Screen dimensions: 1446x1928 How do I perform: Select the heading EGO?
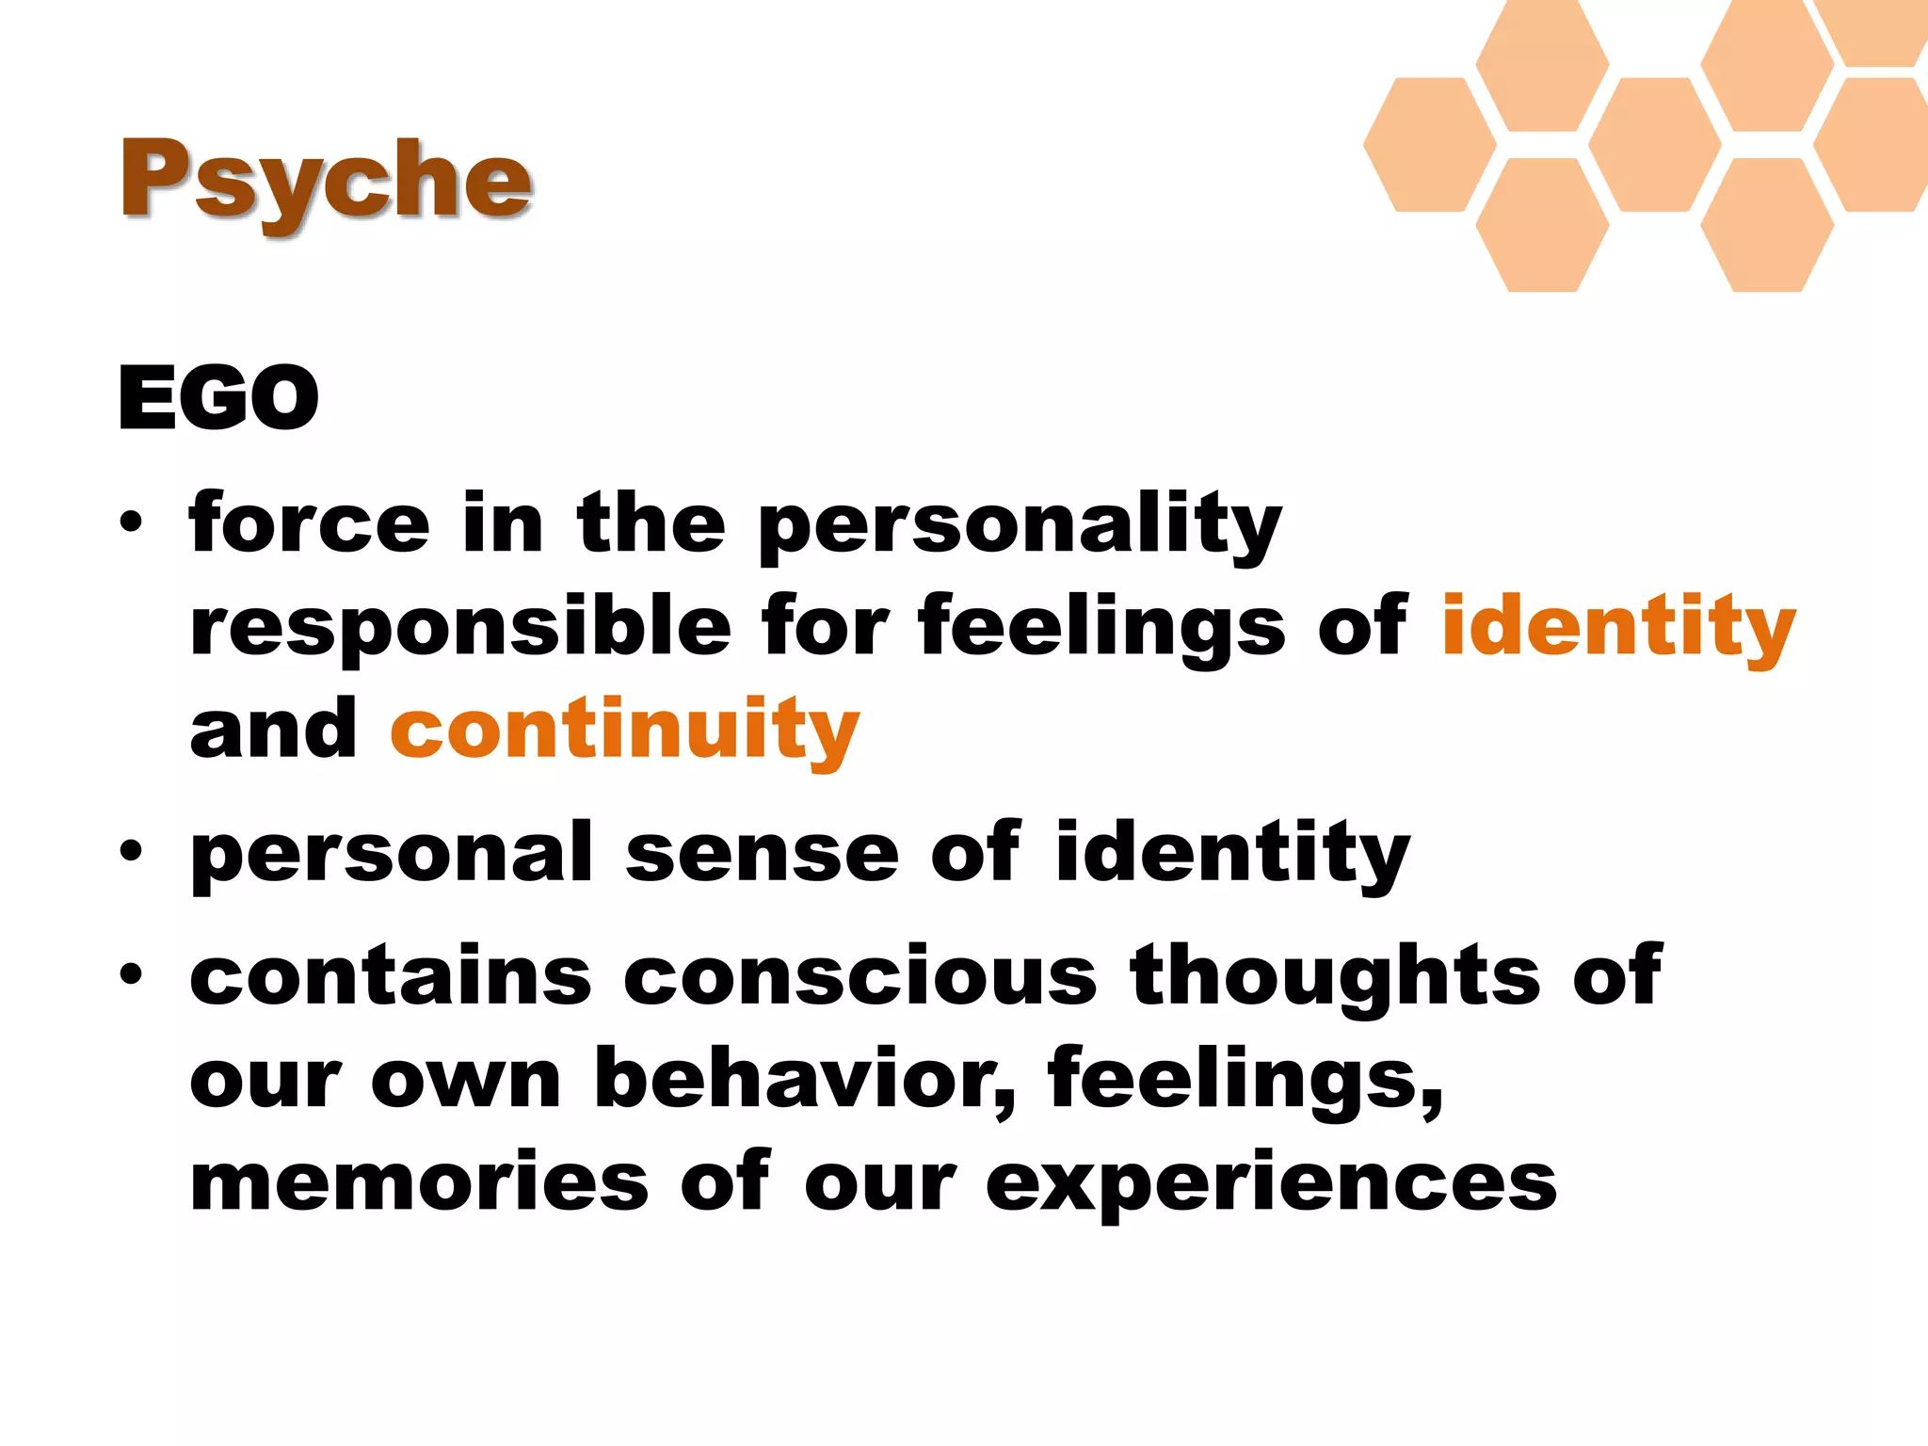(218, 398)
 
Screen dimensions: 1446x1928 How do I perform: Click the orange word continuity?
(625, 730)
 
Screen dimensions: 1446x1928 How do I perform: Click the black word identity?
(1232, 853)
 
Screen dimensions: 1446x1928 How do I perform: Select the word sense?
(762, 853)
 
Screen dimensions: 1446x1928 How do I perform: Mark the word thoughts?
(1335, 977)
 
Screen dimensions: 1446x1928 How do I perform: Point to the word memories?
(419, 1182)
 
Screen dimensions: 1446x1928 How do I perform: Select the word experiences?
(1271, 1184)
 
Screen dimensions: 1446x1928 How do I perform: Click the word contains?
(391, 975)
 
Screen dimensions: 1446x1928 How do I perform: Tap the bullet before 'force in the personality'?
(131, 522)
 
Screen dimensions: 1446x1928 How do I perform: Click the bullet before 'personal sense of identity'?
(131, 852)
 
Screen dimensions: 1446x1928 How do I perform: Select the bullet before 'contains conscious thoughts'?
(131, 974)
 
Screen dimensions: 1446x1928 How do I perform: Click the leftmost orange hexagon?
(1429, 144)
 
